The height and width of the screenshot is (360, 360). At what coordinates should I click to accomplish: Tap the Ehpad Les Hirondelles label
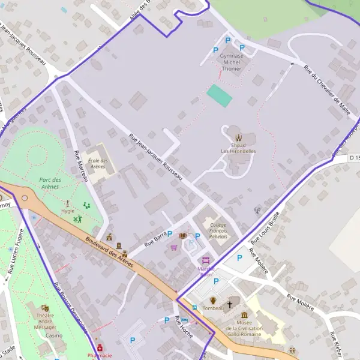click(x=238, y=148)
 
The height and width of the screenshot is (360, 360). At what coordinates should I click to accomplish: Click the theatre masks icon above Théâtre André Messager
click(x=46, y=308)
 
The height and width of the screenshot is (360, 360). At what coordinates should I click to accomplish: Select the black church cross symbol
click(x=229, y=304)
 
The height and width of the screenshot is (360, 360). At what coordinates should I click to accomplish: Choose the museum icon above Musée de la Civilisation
click(x=244, y=316)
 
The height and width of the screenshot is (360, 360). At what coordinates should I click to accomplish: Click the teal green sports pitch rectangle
click(x=220, y=95)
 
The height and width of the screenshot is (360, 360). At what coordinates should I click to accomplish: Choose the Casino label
click(x=45, y=335)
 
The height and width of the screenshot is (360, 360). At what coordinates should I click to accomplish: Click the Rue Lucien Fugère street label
click(x=14, y=255)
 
